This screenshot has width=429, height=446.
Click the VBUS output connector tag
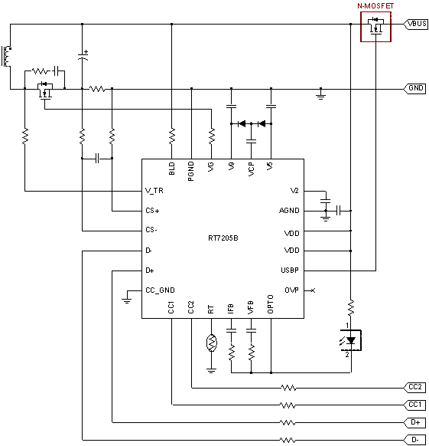[415, 24]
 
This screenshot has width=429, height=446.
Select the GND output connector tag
[414, 88]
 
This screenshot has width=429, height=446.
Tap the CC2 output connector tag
[414, 388]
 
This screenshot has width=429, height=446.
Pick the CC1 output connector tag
[414, 405]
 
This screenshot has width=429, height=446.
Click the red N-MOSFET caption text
[375, 6]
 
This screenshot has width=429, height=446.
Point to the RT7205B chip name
[223, 238]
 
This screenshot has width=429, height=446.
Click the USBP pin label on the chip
[290, 271]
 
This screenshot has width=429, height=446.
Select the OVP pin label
[292, 290]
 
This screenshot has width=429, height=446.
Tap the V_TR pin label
[154, 191]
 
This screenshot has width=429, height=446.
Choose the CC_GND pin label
[160, 290]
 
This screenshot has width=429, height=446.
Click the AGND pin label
[289, 211]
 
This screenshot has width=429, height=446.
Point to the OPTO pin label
[270, 304]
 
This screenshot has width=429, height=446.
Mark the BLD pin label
[171, 169]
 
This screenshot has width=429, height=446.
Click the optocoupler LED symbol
[351, 340]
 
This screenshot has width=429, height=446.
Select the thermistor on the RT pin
[211, 343]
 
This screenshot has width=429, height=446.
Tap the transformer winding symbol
[6, 56]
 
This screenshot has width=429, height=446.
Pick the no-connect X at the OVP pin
[313, 290]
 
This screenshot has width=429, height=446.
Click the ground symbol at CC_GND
[127, 301]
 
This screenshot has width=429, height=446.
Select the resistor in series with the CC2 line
[288, 388]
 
